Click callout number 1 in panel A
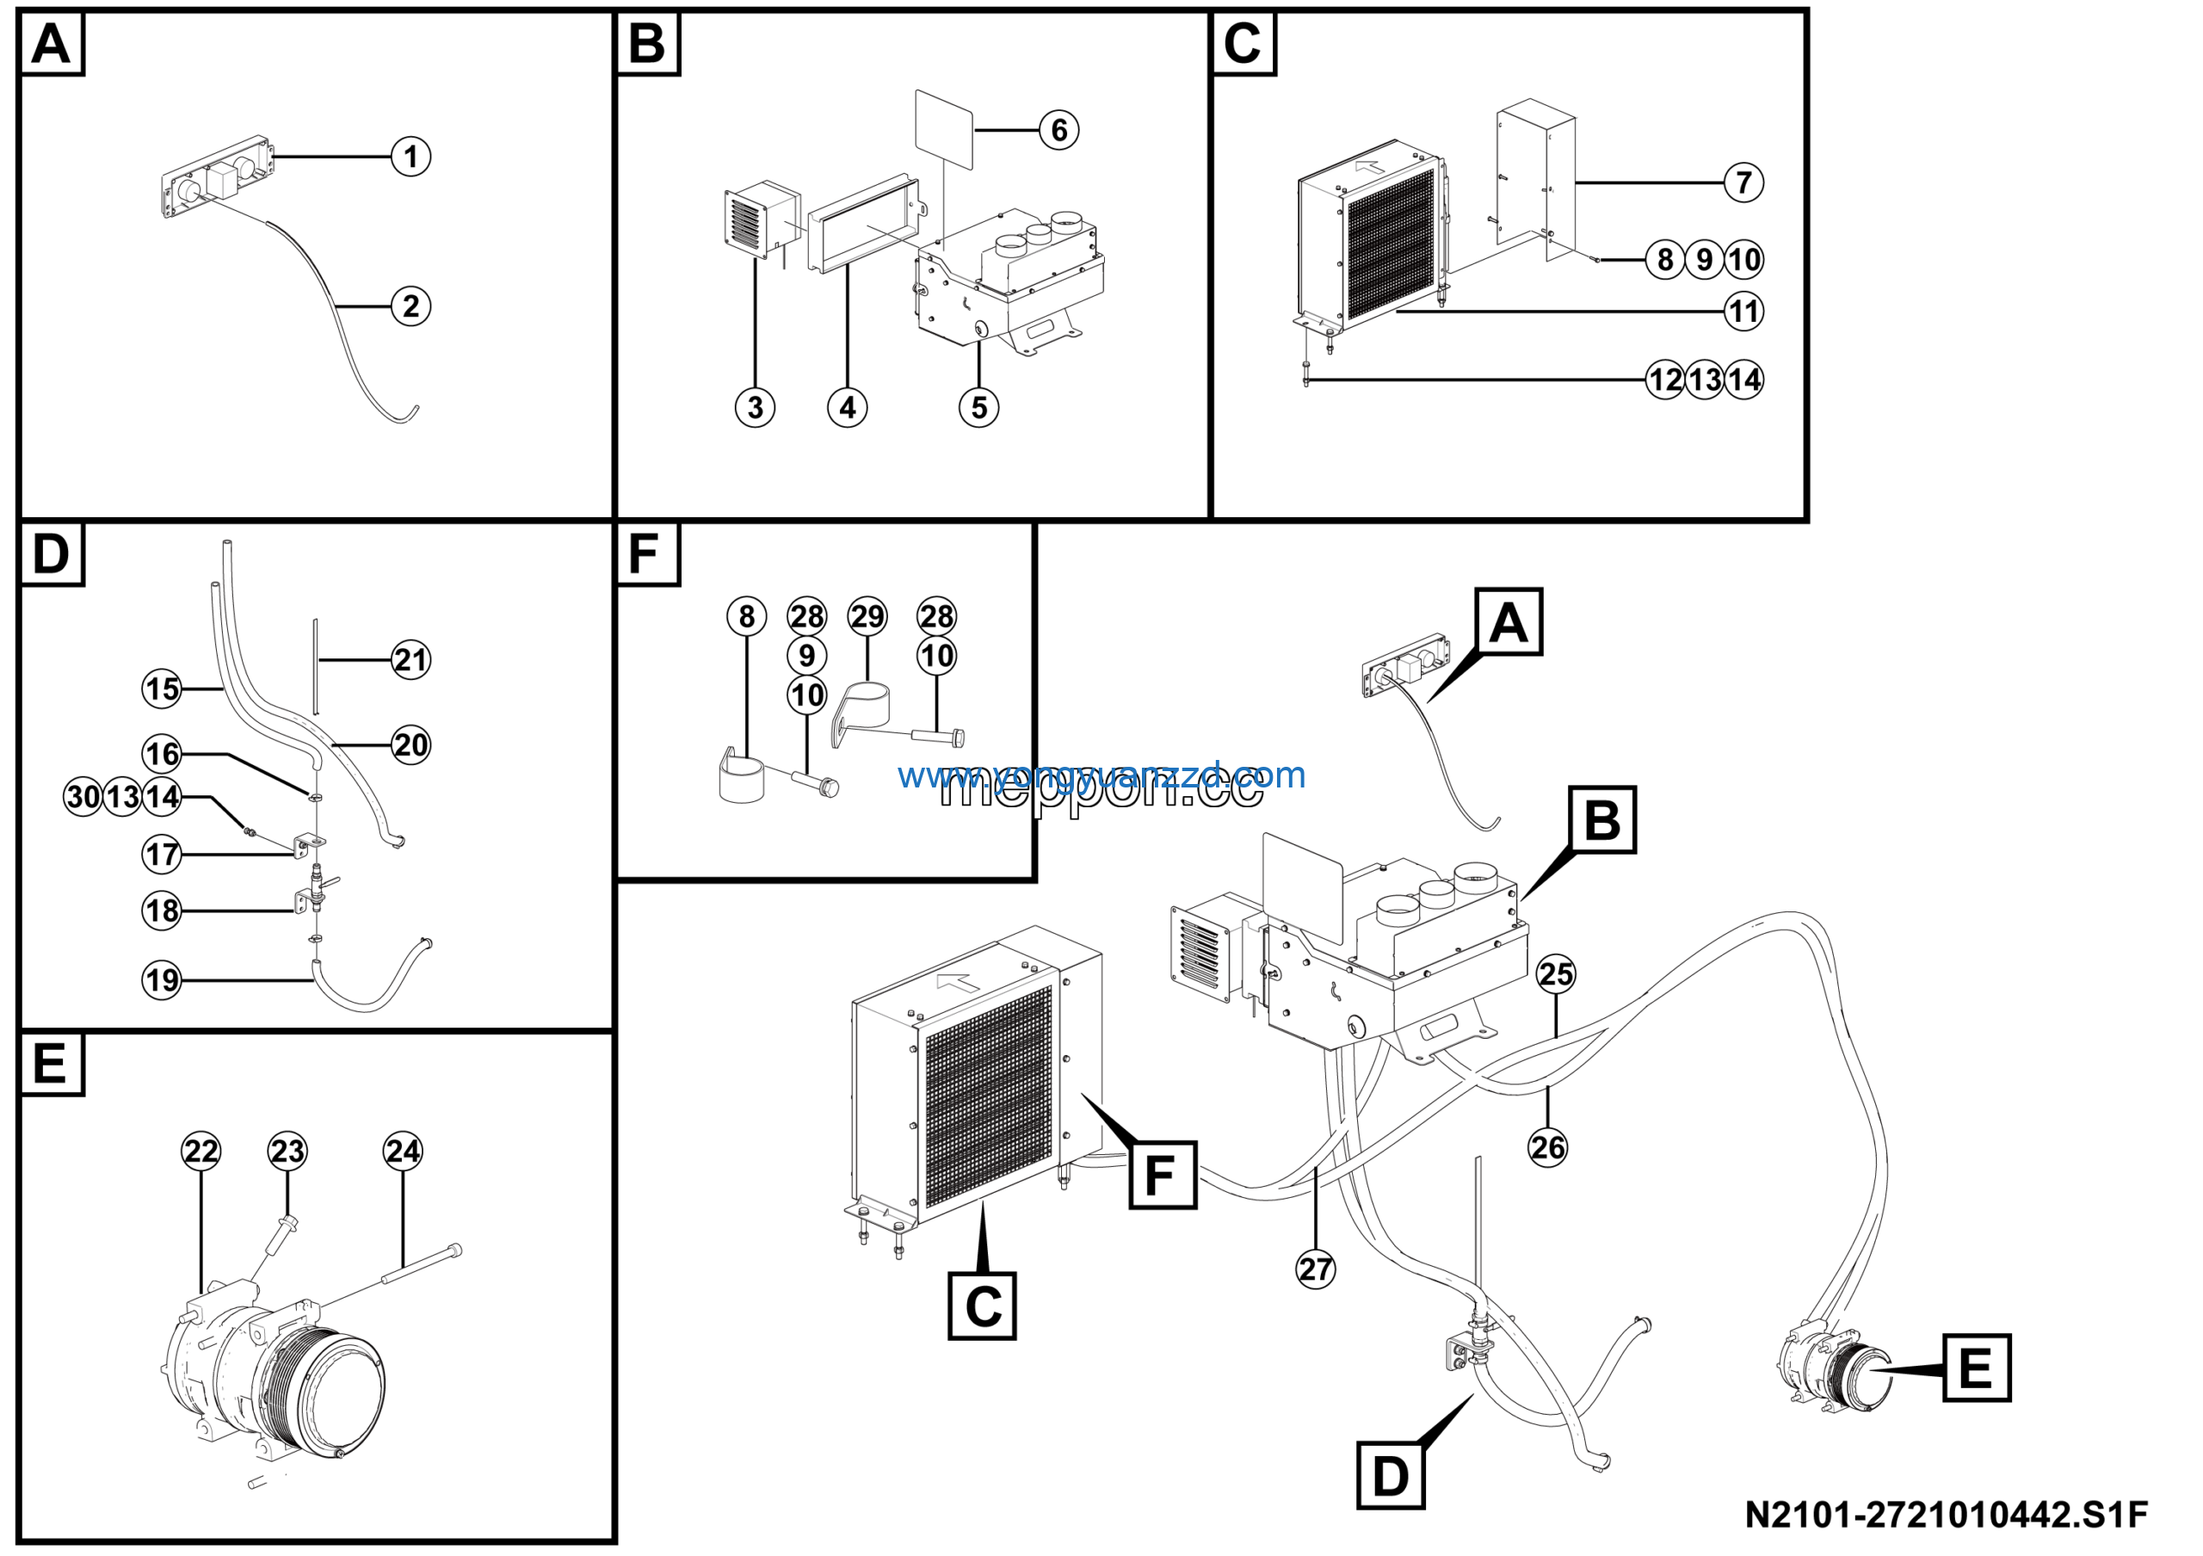tap(410, 157)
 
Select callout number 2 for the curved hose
tap(410, 307)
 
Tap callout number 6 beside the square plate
tap(1058, 129)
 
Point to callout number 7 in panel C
tap(1743, 182)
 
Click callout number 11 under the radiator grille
tap(1743, 312)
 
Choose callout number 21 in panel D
tap(410, 660)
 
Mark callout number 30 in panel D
tap(83, 797)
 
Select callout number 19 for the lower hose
tap(161, 980)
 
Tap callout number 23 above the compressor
tap(287, 1152)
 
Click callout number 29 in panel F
tap(867, 617)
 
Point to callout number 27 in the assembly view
tap(1316, 1269)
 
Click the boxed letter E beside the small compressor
tap(1977, 1367)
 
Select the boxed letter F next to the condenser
tap(1162, 1175)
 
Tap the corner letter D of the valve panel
tap(52, 554)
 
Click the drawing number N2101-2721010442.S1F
tap(1946, 1515)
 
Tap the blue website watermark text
tap(1101, 775)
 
